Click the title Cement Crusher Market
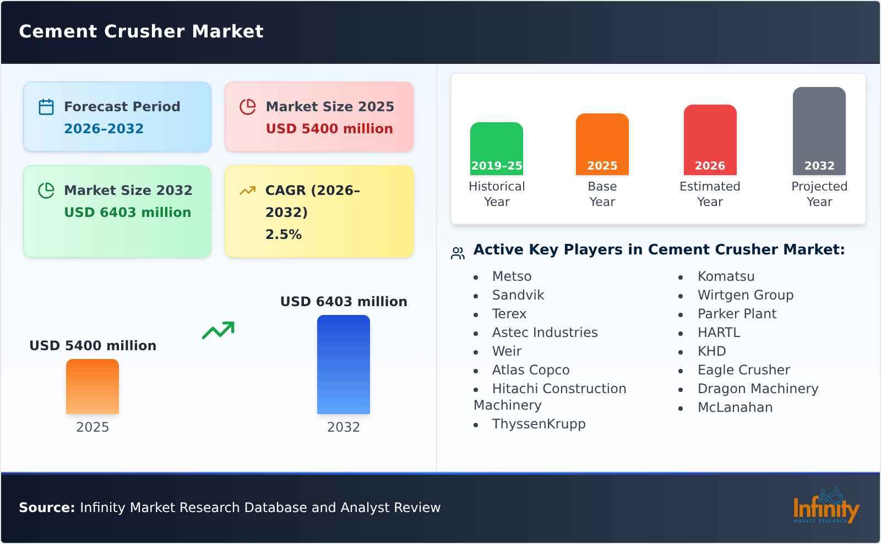pyautogui.click(x=141, y=31)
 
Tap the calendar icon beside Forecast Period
pyautogui.click(x=46, y=107)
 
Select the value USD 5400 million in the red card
pyautogui.click(x=329, y=129)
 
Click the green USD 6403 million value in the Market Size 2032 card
pyautogui.click(x=128, y=213)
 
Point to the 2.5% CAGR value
pyautogui.click(x=284, y=235)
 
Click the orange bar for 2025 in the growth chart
pyautogui.click(x=93, y=387)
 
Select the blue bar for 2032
pyautogui.click(x=344, y=365)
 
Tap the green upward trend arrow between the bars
pyautogui.click(x=218, y=330)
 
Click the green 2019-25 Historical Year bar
pyautogui.click(x=497, y=148)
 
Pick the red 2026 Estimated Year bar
pyautogui.click(x=710, y=139)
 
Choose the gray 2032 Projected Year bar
pyautogui.click(x=819, y=130)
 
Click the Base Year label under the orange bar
pyautogui.click(x=602, y=194)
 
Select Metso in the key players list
pyautogui.click(x=512, y=276)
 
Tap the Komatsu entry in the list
pyautogui.click(x=726, y=276)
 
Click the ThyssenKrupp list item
pyautogui.click(x=539, y=424)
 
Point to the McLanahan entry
pyautogui.click(x=735, y=407)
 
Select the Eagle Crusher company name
pyautogui.click(x=743, y=370)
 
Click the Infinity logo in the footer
pyautogui.click(x=825, y=507)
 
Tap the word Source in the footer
pyautogui.click(x=46, y=508)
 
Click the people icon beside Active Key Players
pyautogui.click(x=458, y=253)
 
